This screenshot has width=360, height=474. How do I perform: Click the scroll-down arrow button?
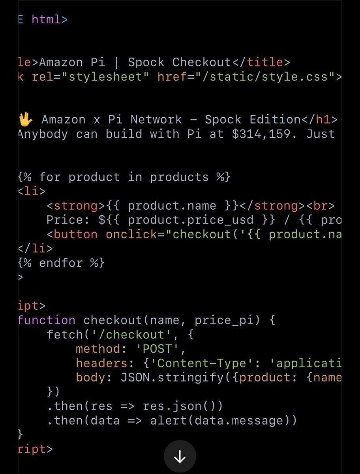point(180,457)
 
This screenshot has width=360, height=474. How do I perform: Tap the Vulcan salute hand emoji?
point(26,119)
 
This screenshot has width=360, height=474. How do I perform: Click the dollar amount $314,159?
point(264,134)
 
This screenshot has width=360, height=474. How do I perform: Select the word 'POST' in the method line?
point(157,349)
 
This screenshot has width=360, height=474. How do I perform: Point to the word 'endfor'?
point(61,263)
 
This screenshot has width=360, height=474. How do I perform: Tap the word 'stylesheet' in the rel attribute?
point(105,77)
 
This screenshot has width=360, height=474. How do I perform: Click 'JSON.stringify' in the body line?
point(172,378)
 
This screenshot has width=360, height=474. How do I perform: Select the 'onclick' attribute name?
point(131,234)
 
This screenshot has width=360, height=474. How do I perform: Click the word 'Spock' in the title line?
point(146,62)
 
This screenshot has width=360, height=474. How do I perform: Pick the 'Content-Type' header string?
point(201,363)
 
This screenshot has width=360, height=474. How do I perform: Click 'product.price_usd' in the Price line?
point(191,220)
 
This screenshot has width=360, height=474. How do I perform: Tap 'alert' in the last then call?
point(168,420)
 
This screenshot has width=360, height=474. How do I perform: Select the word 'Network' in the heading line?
point(156,119)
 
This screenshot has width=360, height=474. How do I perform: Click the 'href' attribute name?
point(172,77)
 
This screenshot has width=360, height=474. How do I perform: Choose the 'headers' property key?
point(101,363)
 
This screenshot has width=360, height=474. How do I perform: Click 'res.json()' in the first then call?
point(182,406)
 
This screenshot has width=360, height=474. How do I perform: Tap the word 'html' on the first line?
point(46,19)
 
